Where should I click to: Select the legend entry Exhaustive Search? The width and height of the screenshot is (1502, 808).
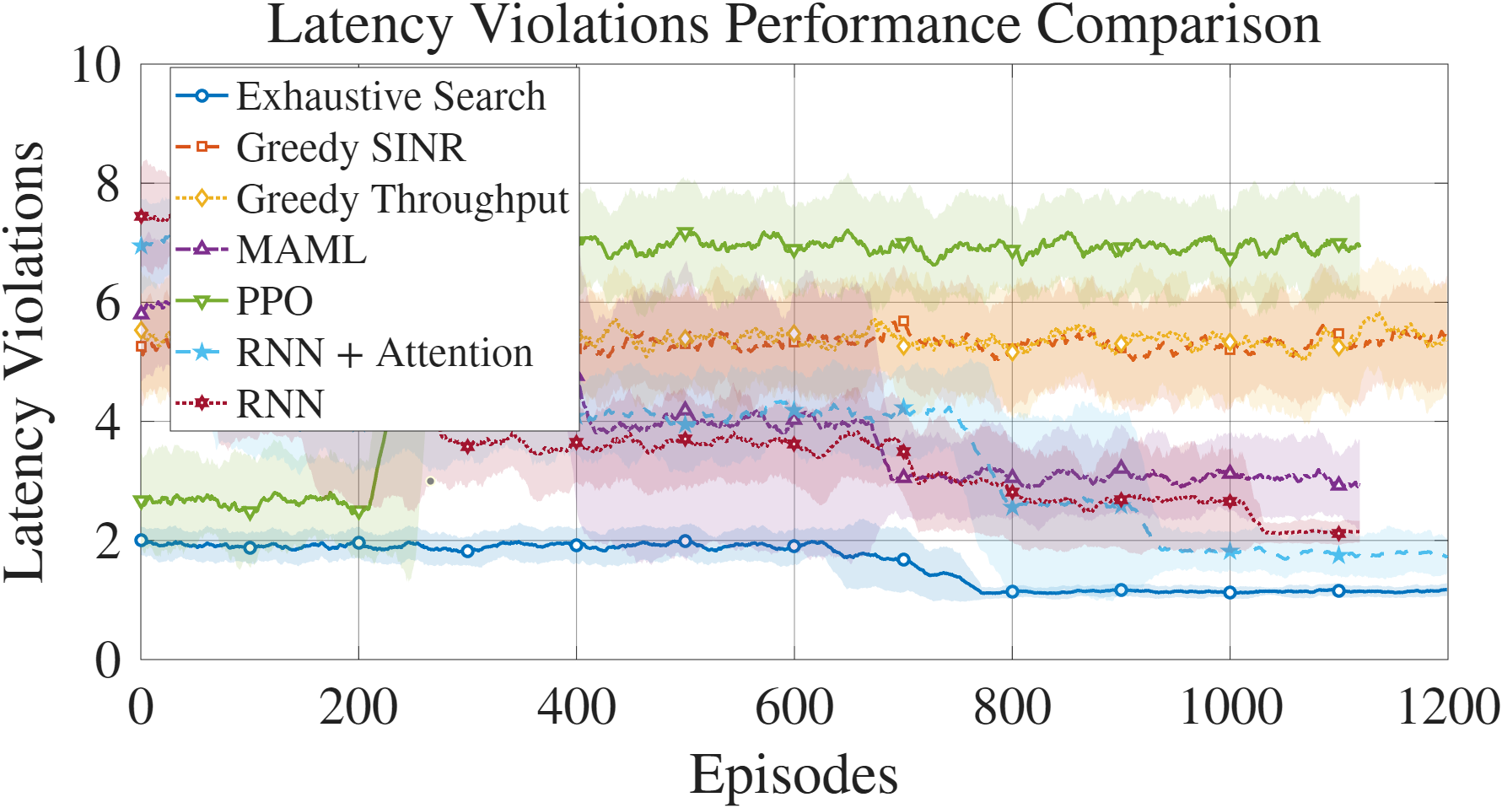point(390,96)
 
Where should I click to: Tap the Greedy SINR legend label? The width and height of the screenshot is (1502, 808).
point(350,148)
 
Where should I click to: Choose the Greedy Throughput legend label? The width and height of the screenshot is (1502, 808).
point(402,199)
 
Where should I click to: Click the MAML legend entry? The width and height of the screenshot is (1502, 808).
point(301,250)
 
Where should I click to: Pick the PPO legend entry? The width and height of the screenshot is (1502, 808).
point(274,301)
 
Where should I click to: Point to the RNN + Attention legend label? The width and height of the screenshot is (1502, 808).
point(384,353)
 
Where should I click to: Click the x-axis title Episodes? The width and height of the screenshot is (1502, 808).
point(794,774)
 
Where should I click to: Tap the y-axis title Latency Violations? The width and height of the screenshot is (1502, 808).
point(25,363)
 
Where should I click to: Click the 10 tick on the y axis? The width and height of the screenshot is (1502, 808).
point(96,65)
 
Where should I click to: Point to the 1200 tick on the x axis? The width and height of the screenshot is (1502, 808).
point(1448,707)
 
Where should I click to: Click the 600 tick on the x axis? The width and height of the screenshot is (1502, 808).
point(794,707)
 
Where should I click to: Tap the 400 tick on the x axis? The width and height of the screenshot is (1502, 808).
point(576,707)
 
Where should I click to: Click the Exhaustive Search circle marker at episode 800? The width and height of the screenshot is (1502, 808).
point(1012,592)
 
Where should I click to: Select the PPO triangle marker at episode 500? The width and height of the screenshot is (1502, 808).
point(685,234)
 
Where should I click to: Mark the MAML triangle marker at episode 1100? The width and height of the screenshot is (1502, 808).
point(1338,484)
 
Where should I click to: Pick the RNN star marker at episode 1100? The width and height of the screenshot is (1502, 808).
point(1338,533)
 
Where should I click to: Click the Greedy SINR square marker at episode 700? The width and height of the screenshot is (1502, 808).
point(903,321)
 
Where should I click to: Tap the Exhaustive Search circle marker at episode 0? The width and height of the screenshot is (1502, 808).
point(141,541)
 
